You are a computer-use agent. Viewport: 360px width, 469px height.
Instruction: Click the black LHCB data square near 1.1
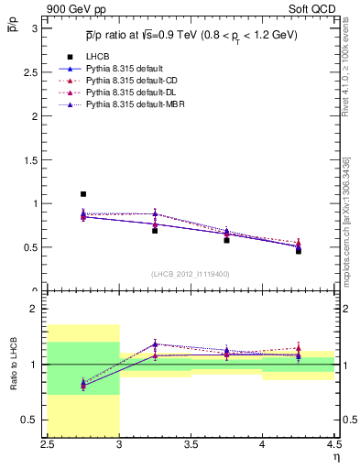pyautogui.click(x=83, y=194)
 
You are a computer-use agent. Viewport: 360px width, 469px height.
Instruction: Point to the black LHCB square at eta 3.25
pyautogui.click(x=155, y=230)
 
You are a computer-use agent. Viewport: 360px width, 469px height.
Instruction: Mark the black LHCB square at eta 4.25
pyautogui.click(x=298, y=250)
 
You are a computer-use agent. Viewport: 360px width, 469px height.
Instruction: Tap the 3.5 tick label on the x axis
pyautogui.click(x=191, y=445)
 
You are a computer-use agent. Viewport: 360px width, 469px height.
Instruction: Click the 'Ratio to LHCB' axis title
pyautogui.click(x=16, y=365)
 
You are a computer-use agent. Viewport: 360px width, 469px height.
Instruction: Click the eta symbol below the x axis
pyautogui.click(x=336, y=457)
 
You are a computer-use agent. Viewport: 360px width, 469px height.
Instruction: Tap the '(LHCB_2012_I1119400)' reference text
pyautogui.click(x=191, y=274)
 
